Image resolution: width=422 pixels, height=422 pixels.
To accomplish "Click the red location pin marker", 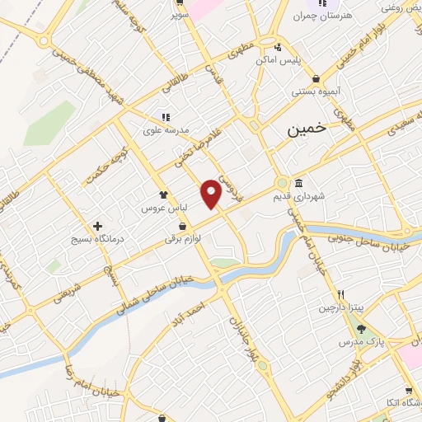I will [x=212, y=193].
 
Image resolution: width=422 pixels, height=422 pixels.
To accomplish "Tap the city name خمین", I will [x=307, y=129].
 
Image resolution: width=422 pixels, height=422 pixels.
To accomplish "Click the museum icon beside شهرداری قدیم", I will [x=298, y=183].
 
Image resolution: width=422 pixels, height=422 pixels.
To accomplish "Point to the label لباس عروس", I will [x=175, y=208].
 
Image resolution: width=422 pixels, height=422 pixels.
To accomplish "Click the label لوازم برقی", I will [x=183, y=238].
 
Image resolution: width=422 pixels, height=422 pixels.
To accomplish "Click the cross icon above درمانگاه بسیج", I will [x=98, y=225].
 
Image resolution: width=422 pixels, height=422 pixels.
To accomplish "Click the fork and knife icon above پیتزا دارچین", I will [x=340, y=294].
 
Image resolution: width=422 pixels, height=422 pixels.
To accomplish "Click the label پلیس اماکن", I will [x=299, y=61].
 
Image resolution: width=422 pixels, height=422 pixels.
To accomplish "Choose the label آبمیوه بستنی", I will [x=311, y=91].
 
